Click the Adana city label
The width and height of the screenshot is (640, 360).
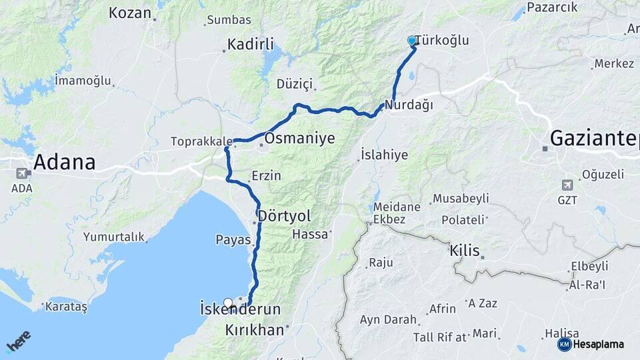64,162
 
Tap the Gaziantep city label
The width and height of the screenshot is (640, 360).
593,139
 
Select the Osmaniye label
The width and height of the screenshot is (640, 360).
299,139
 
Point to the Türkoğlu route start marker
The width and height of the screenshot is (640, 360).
412,41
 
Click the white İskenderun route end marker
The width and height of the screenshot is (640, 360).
228,303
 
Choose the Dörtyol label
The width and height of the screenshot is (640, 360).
285,217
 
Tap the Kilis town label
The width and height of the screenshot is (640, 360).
465,251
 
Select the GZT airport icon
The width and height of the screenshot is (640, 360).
567,184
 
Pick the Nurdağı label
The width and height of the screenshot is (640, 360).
409,105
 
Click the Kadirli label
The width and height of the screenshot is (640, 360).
251,45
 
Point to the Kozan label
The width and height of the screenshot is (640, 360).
129,13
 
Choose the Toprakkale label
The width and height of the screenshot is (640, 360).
200,141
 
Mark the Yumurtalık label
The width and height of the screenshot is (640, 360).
113,237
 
